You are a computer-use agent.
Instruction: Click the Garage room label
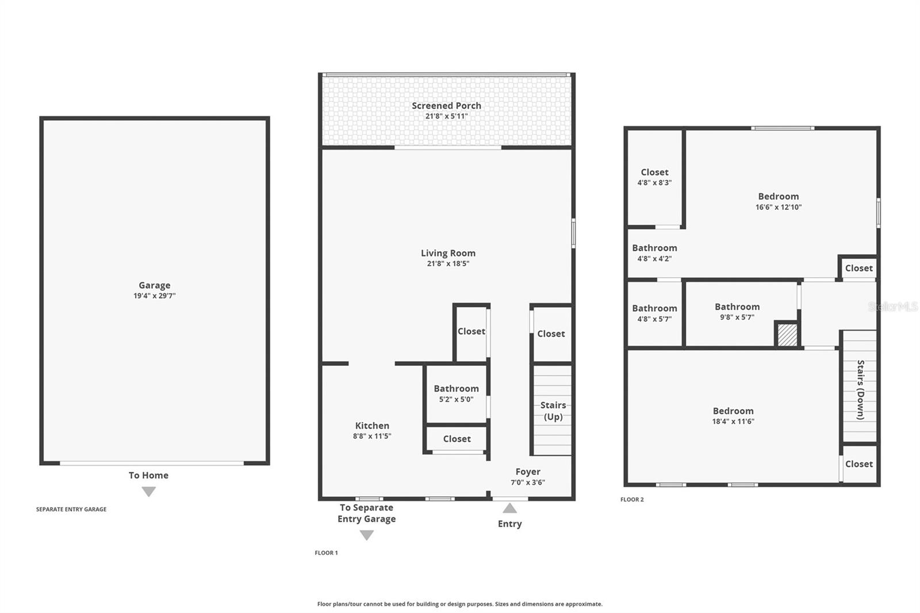point(155,285)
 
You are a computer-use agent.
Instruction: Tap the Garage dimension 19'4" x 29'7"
point(155,296)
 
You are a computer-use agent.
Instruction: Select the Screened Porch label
point(446,106)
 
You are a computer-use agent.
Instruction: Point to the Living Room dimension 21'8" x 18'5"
point(448,264)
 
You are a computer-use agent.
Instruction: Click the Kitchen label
point(372,426)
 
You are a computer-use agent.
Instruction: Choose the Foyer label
point(528,472)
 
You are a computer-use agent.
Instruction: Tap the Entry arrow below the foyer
point(509,508)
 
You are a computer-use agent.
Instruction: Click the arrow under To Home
point(149,492)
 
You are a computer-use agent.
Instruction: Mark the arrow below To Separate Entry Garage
point(367,535)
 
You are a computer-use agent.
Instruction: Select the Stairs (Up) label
point(553,411)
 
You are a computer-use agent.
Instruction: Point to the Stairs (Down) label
point(860,390)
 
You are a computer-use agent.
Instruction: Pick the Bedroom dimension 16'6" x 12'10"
point(779,208)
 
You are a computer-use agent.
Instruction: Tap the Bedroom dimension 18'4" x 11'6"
point(733,422)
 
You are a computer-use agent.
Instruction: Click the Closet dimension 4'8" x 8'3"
point(654,183)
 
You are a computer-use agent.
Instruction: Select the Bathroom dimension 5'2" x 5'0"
point(457,399)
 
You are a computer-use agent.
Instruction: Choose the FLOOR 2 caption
point(632,500)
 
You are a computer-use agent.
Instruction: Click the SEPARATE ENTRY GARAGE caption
point(71,509)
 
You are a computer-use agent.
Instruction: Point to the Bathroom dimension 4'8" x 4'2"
point(654,259)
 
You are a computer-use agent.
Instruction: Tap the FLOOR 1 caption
point(326,553)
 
